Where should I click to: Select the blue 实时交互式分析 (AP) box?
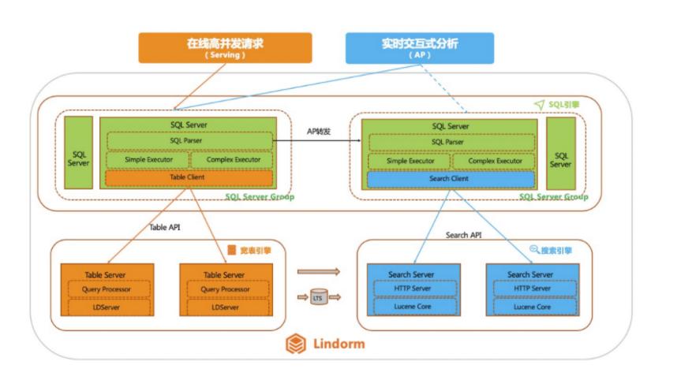click(420, 47)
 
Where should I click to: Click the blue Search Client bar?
click(451, 179)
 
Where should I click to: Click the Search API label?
click(463, 235)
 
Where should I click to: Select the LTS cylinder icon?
click(318, 298)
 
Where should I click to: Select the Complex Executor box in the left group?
click(231, 160)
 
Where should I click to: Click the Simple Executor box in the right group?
click(407, 161)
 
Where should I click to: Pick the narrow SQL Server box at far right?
click(561, 154)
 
